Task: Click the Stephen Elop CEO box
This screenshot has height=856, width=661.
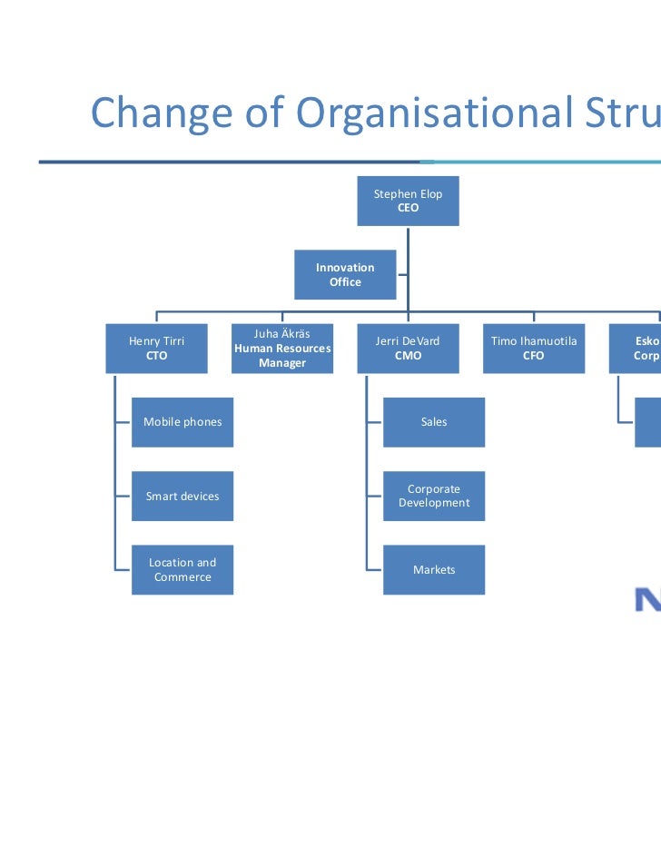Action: [408, 201]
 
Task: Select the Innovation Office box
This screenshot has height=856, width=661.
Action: [345, 274]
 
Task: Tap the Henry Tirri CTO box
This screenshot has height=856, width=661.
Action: [156, 349]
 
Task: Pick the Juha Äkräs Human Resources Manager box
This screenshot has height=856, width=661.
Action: [282, 349]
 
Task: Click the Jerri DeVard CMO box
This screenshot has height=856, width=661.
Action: [408, 349]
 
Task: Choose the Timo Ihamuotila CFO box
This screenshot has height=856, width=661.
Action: [534, 349]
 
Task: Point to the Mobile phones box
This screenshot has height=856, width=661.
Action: [183, 422]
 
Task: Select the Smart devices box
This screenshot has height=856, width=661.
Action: [183, 497]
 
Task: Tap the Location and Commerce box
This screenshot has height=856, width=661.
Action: [183, 570]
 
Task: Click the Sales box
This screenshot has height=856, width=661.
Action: [434, 422]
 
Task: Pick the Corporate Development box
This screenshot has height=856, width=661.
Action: [434, 497]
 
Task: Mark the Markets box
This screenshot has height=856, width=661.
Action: [434, 570]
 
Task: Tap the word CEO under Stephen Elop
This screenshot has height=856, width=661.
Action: [409, 208]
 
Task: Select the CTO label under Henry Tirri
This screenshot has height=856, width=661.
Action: [157, 356]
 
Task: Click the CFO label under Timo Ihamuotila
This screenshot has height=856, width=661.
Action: [534, 356]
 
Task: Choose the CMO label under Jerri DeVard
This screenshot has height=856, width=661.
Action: [408, 356]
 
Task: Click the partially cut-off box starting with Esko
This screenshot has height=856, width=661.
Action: [636, 349]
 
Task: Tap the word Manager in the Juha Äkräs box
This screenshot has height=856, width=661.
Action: [282, 363]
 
